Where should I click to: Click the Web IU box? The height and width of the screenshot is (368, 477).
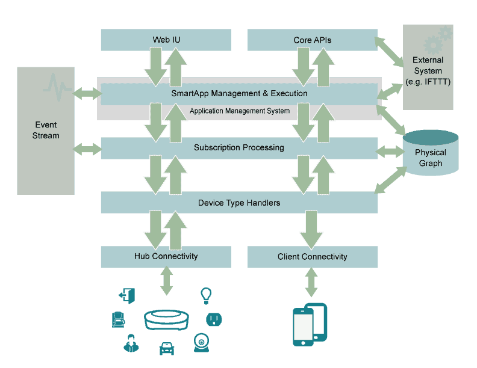[x=166, y=40]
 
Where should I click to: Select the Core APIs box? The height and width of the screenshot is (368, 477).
[x=312, y=40]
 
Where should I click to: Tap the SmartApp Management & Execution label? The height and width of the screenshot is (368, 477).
[x=239, y=93]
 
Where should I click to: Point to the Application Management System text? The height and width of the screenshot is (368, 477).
[x=240, y=111]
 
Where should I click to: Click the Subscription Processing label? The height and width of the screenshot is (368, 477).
[x=239, y=147]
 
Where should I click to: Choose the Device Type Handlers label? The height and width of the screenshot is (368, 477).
[x=239, y=203]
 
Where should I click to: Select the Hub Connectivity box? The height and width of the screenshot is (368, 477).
[x=166, y=256]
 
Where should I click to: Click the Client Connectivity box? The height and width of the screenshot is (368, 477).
[x=312, y=257]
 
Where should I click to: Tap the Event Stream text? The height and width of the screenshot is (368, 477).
[x=46, y=130]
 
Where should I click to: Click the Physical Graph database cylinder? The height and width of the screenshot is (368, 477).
[x=430, y=154]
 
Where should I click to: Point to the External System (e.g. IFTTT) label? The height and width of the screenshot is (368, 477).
[x=428, y=71]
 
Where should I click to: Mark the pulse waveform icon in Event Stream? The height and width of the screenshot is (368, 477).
[x=58, y=88]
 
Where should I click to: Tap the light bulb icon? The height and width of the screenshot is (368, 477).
[x=206, y=295]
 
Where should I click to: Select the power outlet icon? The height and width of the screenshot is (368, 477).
[x=214, y=319]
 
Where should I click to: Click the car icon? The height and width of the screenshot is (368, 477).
[x=166, y=348]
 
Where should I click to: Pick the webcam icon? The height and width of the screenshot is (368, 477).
[x=201, y=343]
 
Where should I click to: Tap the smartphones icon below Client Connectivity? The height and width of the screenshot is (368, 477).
[x=310, y=325]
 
